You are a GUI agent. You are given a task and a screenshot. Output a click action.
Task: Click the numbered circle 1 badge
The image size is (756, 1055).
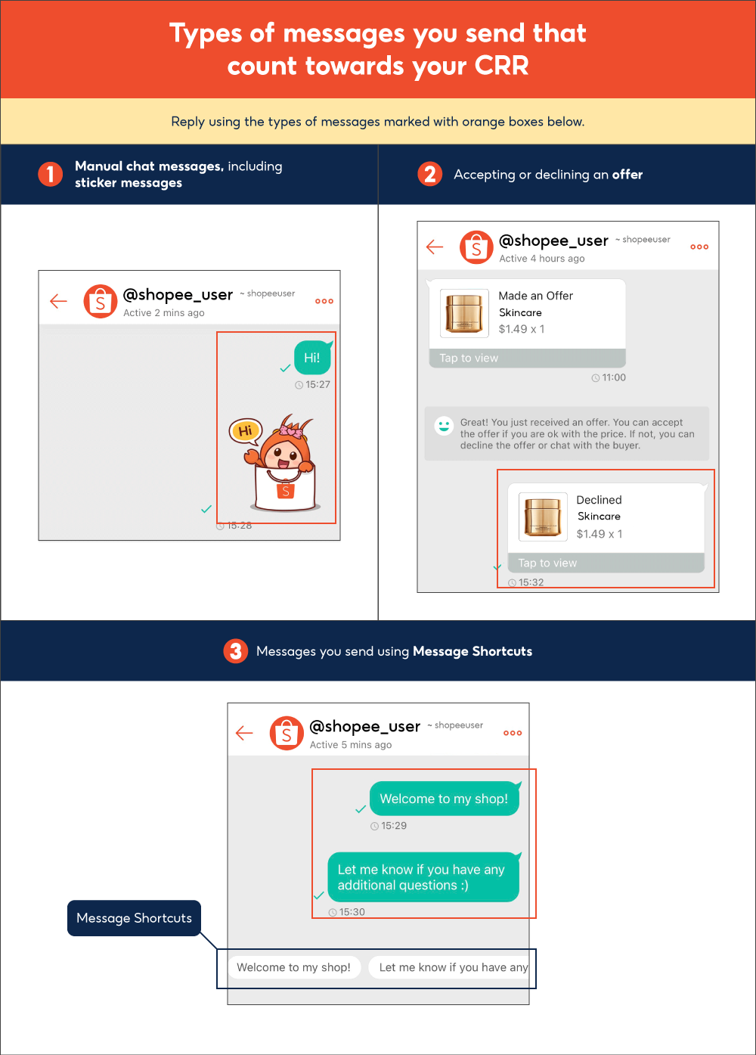(51, 174)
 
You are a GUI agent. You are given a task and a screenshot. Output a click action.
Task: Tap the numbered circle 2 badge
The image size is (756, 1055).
(429, 174)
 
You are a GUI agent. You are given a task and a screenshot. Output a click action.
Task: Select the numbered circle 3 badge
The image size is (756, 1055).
(236, 651)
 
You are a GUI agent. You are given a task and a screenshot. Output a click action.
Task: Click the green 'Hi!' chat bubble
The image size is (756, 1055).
(312, 358)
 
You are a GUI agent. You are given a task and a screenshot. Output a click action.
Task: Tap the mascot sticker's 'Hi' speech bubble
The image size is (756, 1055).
(245, 431)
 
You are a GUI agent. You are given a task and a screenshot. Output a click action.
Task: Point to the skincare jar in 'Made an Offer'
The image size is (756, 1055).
(464, 313)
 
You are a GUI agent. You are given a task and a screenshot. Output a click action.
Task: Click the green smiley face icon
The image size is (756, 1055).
(444, 426)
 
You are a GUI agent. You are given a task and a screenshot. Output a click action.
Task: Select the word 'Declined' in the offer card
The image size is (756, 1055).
(599, 500)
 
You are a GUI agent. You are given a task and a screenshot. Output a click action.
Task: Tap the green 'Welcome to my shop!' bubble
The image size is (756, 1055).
(444, 799)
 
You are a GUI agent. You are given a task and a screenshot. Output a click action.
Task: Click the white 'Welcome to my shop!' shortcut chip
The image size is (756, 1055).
(293, 967)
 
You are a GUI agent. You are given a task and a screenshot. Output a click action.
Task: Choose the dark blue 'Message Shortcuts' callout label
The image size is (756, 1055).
(135, 918)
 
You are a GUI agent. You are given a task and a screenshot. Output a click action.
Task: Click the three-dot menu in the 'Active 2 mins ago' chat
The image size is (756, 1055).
(324, 301)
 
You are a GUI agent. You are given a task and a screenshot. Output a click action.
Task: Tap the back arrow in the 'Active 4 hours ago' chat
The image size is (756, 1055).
(435, 247)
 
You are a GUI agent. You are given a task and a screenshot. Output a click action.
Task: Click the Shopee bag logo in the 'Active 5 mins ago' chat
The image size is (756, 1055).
(287, 733)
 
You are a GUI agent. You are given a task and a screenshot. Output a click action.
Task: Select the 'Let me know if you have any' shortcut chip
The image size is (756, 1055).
(451, 967)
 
